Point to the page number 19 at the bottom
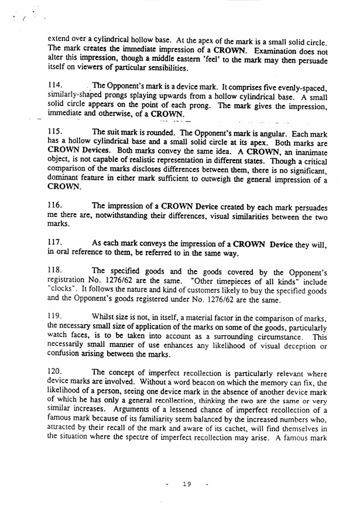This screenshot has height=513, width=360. (x=187, y=484)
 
